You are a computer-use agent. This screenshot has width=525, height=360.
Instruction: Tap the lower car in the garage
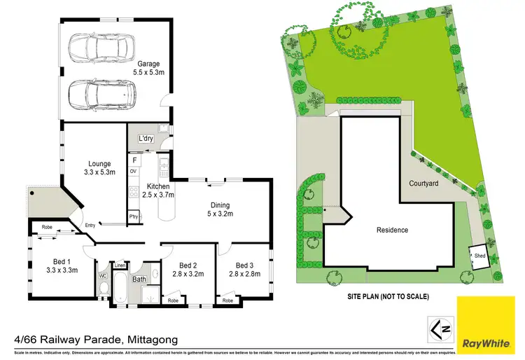coord(101,90)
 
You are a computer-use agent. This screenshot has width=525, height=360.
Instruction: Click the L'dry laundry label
coord(146,139)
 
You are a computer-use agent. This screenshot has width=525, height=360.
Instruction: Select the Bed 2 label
coord(187,270)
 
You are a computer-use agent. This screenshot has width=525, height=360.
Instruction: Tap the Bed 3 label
coord(244,270)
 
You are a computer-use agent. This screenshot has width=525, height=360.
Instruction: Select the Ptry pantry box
coord(133,217)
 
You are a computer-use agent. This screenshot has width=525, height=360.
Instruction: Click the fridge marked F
coord(134,159)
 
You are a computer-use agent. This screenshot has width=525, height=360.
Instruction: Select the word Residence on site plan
coord(392,230)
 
